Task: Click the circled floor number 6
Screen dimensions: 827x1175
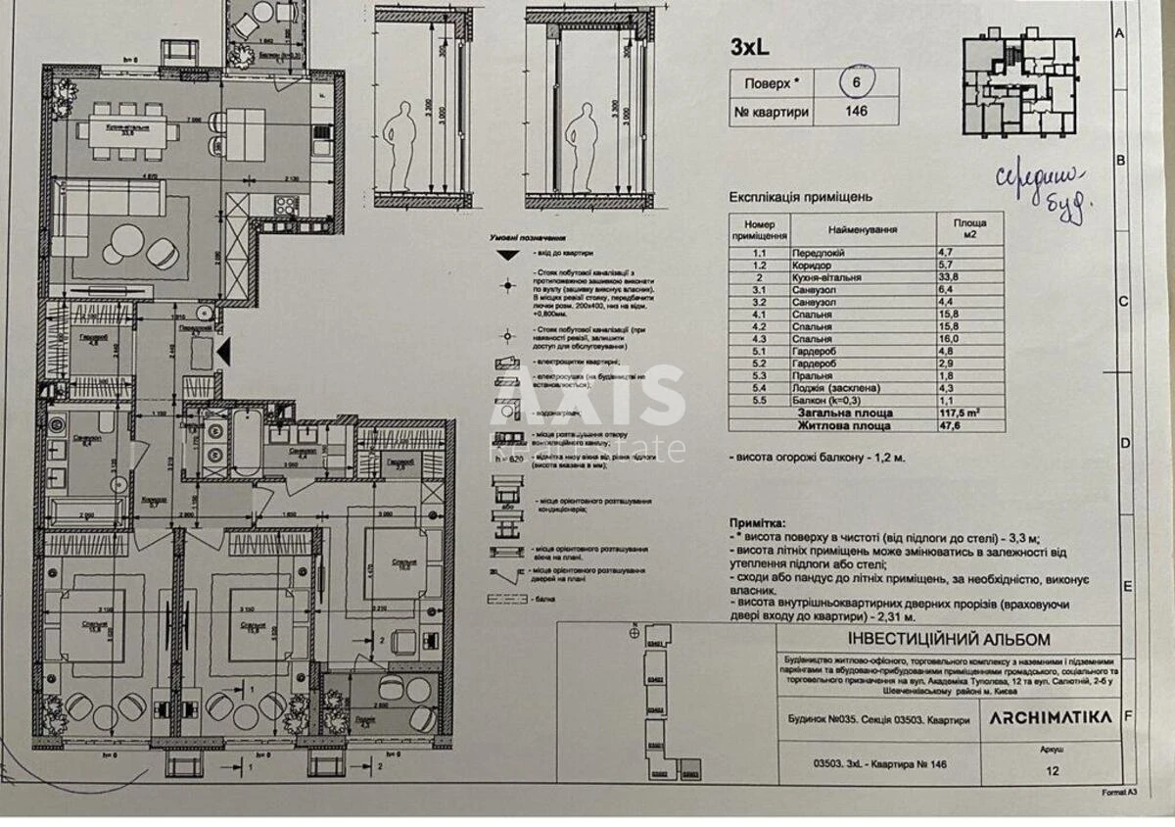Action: pyautogui.click(x=855, y=82)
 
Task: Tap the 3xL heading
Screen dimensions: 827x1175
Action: pyautogui.click(x=750, y=46)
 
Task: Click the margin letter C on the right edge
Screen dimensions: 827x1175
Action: pyautogui.click(x=1124, y=302)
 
